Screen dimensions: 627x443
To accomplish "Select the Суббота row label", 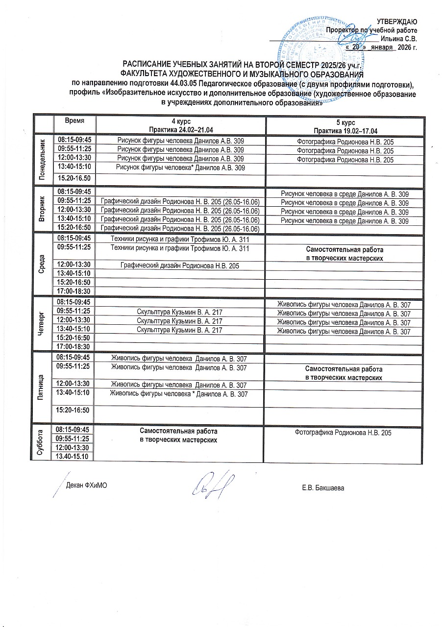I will click(42, 443).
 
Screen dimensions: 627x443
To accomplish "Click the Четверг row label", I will click(42, 323).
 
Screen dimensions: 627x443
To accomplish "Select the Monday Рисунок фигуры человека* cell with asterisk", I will click(180, 168).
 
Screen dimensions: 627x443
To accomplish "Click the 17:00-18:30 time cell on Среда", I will click(74, 291).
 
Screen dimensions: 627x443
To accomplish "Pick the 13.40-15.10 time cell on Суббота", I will click(74, 457).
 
